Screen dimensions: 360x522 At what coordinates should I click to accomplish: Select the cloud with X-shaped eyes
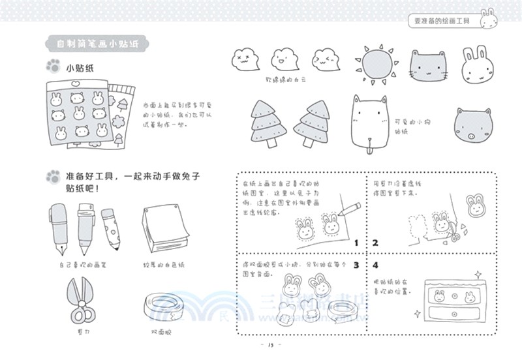245,60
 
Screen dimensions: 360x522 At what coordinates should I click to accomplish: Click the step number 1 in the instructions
356,243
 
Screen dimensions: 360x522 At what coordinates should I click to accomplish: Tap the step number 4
375,265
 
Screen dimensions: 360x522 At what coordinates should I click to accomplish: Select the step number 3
356,265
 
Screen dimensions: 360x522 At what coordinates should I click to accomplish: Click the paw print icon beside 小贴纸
52,66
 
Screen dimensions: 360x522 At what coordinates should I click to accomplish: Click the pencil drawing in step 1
350,209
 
